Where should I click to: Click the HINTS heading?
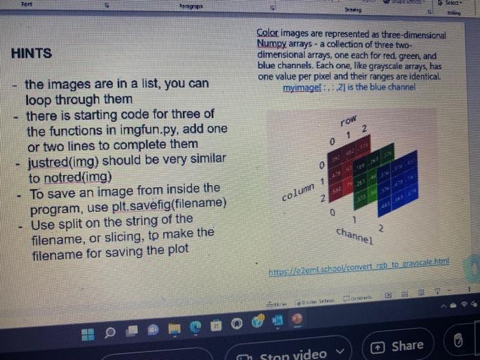click(32, 53)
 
